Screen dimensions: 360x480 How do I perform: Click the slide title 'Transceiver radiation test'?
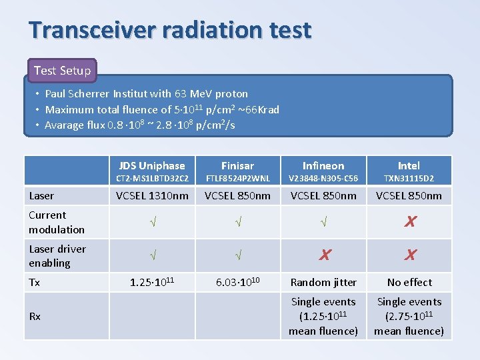170,30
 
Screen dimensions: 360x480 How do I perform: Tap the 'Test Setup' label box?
62,70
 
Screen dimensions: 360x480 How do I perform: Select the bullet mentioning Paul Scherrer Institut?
146,94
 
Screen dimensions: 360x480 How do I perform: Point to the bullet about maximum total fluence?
162,109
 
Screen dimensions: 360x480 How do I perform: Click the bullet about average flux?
139,125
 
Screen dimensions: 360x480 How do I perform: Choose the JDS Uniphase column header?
152,165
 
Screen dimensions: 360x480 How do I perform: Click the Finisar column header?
237,165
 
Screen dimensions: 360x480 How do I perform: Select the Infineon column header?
323,165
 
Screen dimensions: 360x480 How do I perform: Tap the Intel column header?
409,165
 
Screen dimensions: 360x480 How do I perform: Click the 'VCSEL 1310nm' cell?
152,195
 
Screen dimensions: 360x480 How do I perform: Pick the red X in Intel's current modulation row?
410,222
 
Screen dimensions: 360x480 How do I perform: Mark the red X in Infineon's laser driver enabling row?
324,255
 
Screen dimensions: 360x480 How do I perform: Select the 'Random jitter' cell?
323,282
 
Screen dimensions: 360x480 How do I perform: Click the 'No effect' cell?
409,282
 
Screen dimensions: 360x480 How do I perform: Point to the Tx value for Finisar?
238,282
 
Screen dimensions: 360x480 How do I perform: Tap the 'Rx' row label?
35,316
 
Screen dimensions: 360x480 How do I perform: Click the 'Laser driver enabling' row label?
57,255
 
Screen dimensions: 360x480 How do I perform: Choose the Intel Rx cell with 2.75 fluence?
409,316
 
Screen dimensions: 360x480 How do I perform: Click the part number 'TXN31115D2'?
409,179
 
